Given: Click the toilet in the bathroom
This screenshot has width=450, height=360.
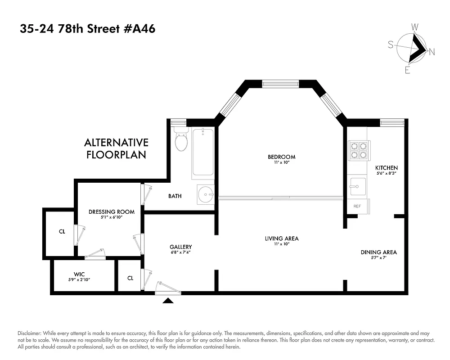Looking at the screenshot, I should (x=181, y=141).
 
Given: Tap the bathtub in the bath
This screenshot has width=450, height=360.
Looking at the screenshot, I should (x=204, y=153).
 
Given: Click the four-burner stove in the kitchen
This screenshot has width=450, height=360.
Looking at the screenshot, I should (x=359, y=150).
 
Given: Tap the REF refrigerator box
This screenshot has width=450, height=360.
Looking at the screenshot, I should (x=357, y=206).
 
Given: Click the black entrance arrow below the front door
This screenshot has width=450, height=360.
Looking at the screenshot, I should (x=168, y=301).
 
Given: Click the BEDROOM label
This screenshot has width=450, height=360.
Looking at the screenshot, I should (x=281, y=157).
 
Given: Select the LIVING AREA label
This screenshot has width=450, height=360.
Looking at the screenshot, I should (x=281, y=238).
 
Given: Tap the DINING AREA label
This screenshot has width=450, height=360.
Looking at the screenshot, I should (x=378, y=252).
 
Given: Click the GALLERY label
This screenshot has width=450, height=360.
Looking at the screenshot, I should (x=181, y=247).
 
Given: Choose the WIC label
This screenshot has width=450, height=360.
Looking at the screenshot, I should (x=79, y=274).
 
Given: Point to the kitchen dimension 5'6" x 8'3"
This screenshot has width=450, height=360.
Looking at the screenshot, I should (x=387, y=173).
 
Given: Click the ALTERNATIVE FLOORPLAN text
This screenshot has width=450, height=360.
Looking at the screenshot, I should (x=116, y=149).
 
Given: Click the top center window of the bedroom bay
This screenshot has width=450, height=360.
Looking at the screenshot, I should (x=281, y=84).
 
